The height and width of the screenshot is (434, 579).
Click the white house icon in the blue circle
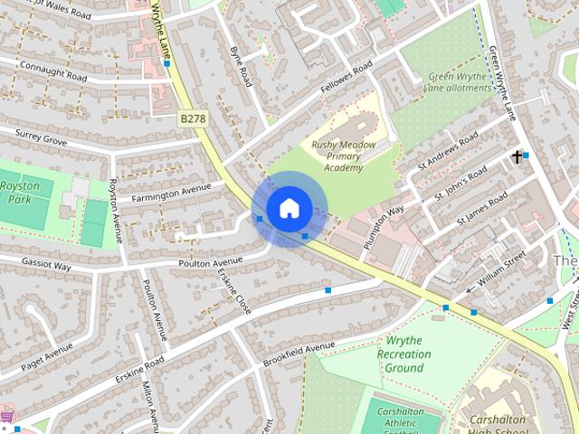click(x=289, y=208)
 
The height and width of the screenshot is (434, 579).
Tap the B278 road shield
click(x=191, y=118)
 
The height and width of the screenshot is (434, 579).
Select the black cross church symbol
click(x=517, y=157)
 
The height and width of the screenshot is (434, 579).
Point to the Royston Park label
click(x=20, y=191)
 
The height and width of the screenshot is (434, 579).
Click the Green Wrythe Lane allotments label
click(x=460, y=82)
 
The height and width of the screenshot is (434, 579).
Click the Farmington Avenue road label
click(x=171, y=193)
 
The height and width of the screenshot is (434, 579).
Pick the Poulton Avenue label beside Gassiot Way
click(x=213, y=261)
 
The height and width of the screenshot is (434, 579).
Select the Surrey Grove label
click(x=41, y=137)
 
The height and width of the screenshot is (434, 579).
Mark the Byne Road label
click(x=241, y=65)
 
